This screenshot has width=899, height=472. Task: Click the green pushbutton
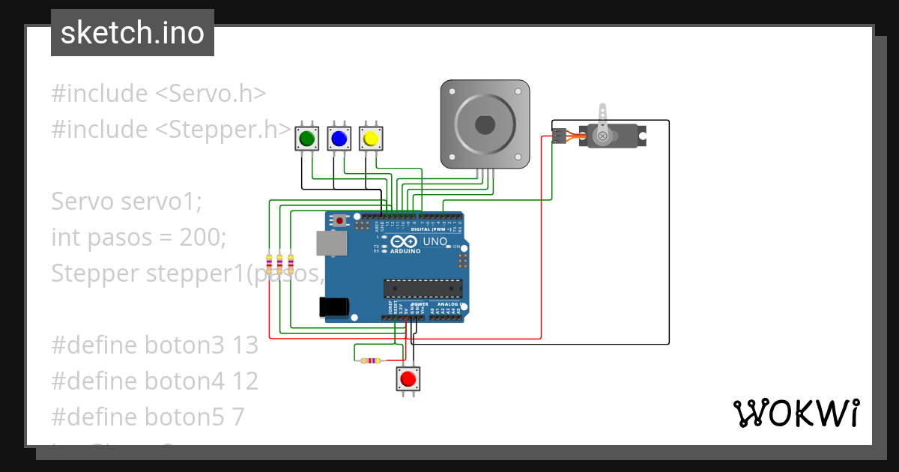click(x=306, y=138)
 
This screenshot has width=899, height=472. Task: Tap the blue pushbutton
click(x=339, y=138)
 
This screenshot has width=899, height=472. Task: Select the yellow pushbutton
click(x=369, y=138)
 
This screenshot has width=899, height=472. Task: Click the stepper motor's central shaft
click(x=485, y=124)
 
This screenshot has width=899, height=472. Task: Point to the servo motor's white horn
click(x=601, y=136)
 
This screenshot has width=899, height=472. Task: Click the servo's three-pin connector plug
click(x=559, y=136)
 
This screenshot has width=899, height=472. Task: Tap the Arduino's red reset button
click(x=341, y=221)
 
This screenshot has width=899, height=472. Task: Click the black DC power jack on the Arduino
click(x=333, y=306)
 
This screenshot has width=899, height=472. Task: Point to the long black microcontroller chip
click(x=423, y=288)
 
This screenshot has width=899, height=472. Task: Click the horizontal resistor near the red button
click(x=369, y=361)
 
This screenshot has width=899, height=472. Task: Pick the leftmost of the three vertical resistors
click(x=270, y=263)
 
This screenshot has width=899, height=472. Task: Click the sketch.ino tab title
click(x=133, y=33)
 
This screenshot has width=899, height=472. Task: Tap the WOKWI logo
click(x=796, y=414)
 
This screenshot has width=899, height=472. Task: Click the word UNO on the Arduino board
click(x=435, y=242)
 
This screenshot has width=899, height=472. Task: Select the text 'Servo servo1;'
click(x=127, y=202)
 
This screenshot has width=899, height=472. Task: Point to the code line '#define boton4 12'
click(x=154, y=381)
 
